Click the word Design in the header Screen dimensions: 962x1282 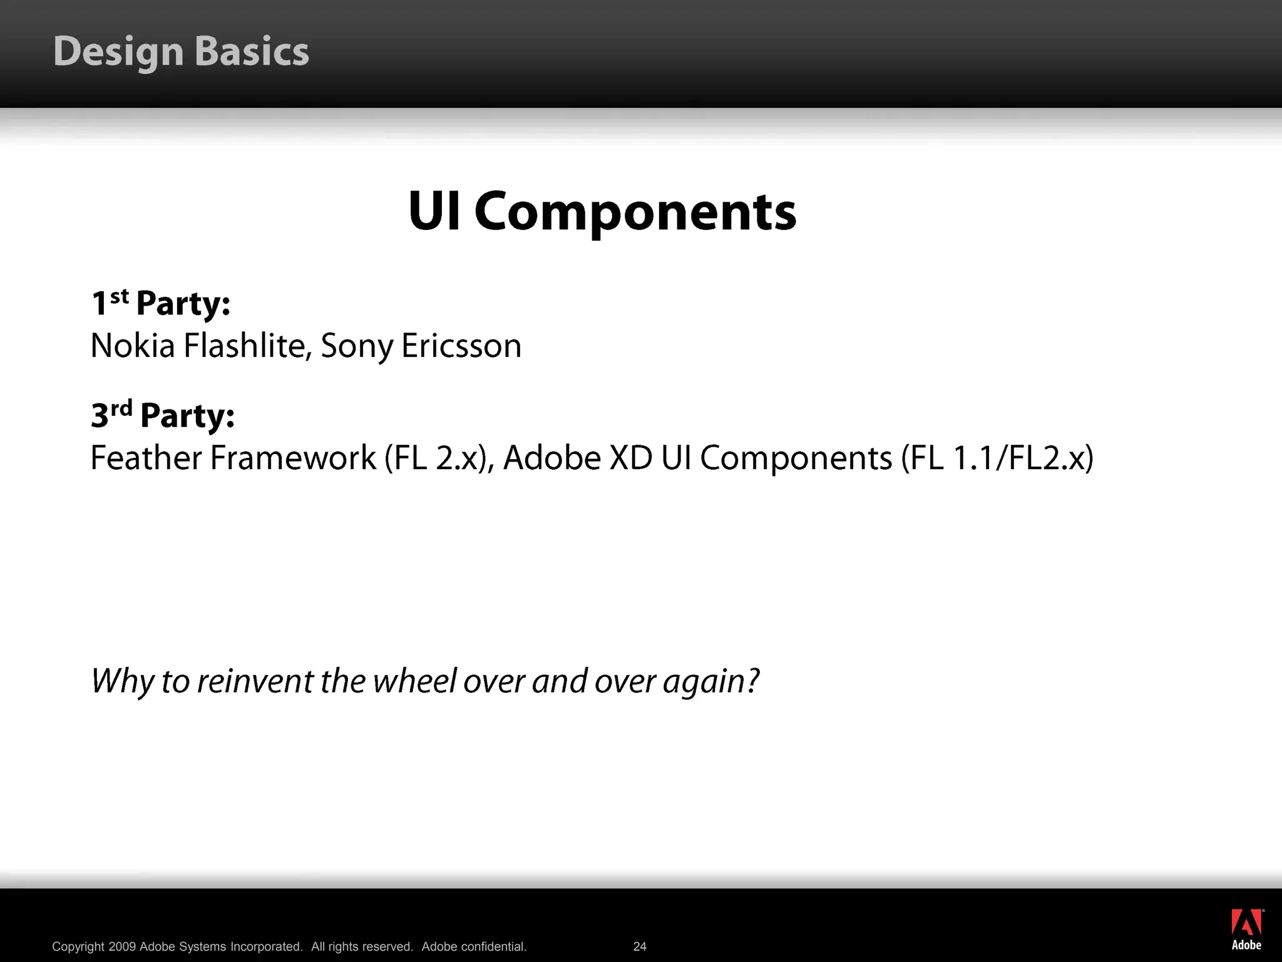[x=118, y=51]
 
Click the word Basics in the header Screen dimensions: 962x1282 [x=252, y=51]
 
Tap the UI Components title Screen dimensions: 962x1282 [x=602, y=211]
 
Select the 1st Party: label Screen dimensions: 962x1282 [x=161, y=304]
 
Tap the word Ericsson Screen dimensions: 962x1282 [x=461, y=346]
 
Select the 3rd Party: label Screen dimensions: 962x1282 [x=163, y=415]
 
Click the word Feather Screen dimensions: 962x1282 [x=146, y=458]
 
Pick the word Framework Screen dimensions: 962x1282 [x=292, y=458]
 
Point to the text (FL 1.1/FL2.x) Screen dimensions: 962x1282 [x=997, y=458]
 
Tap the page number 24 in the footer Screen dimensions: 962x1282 [x=640, y=946]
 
